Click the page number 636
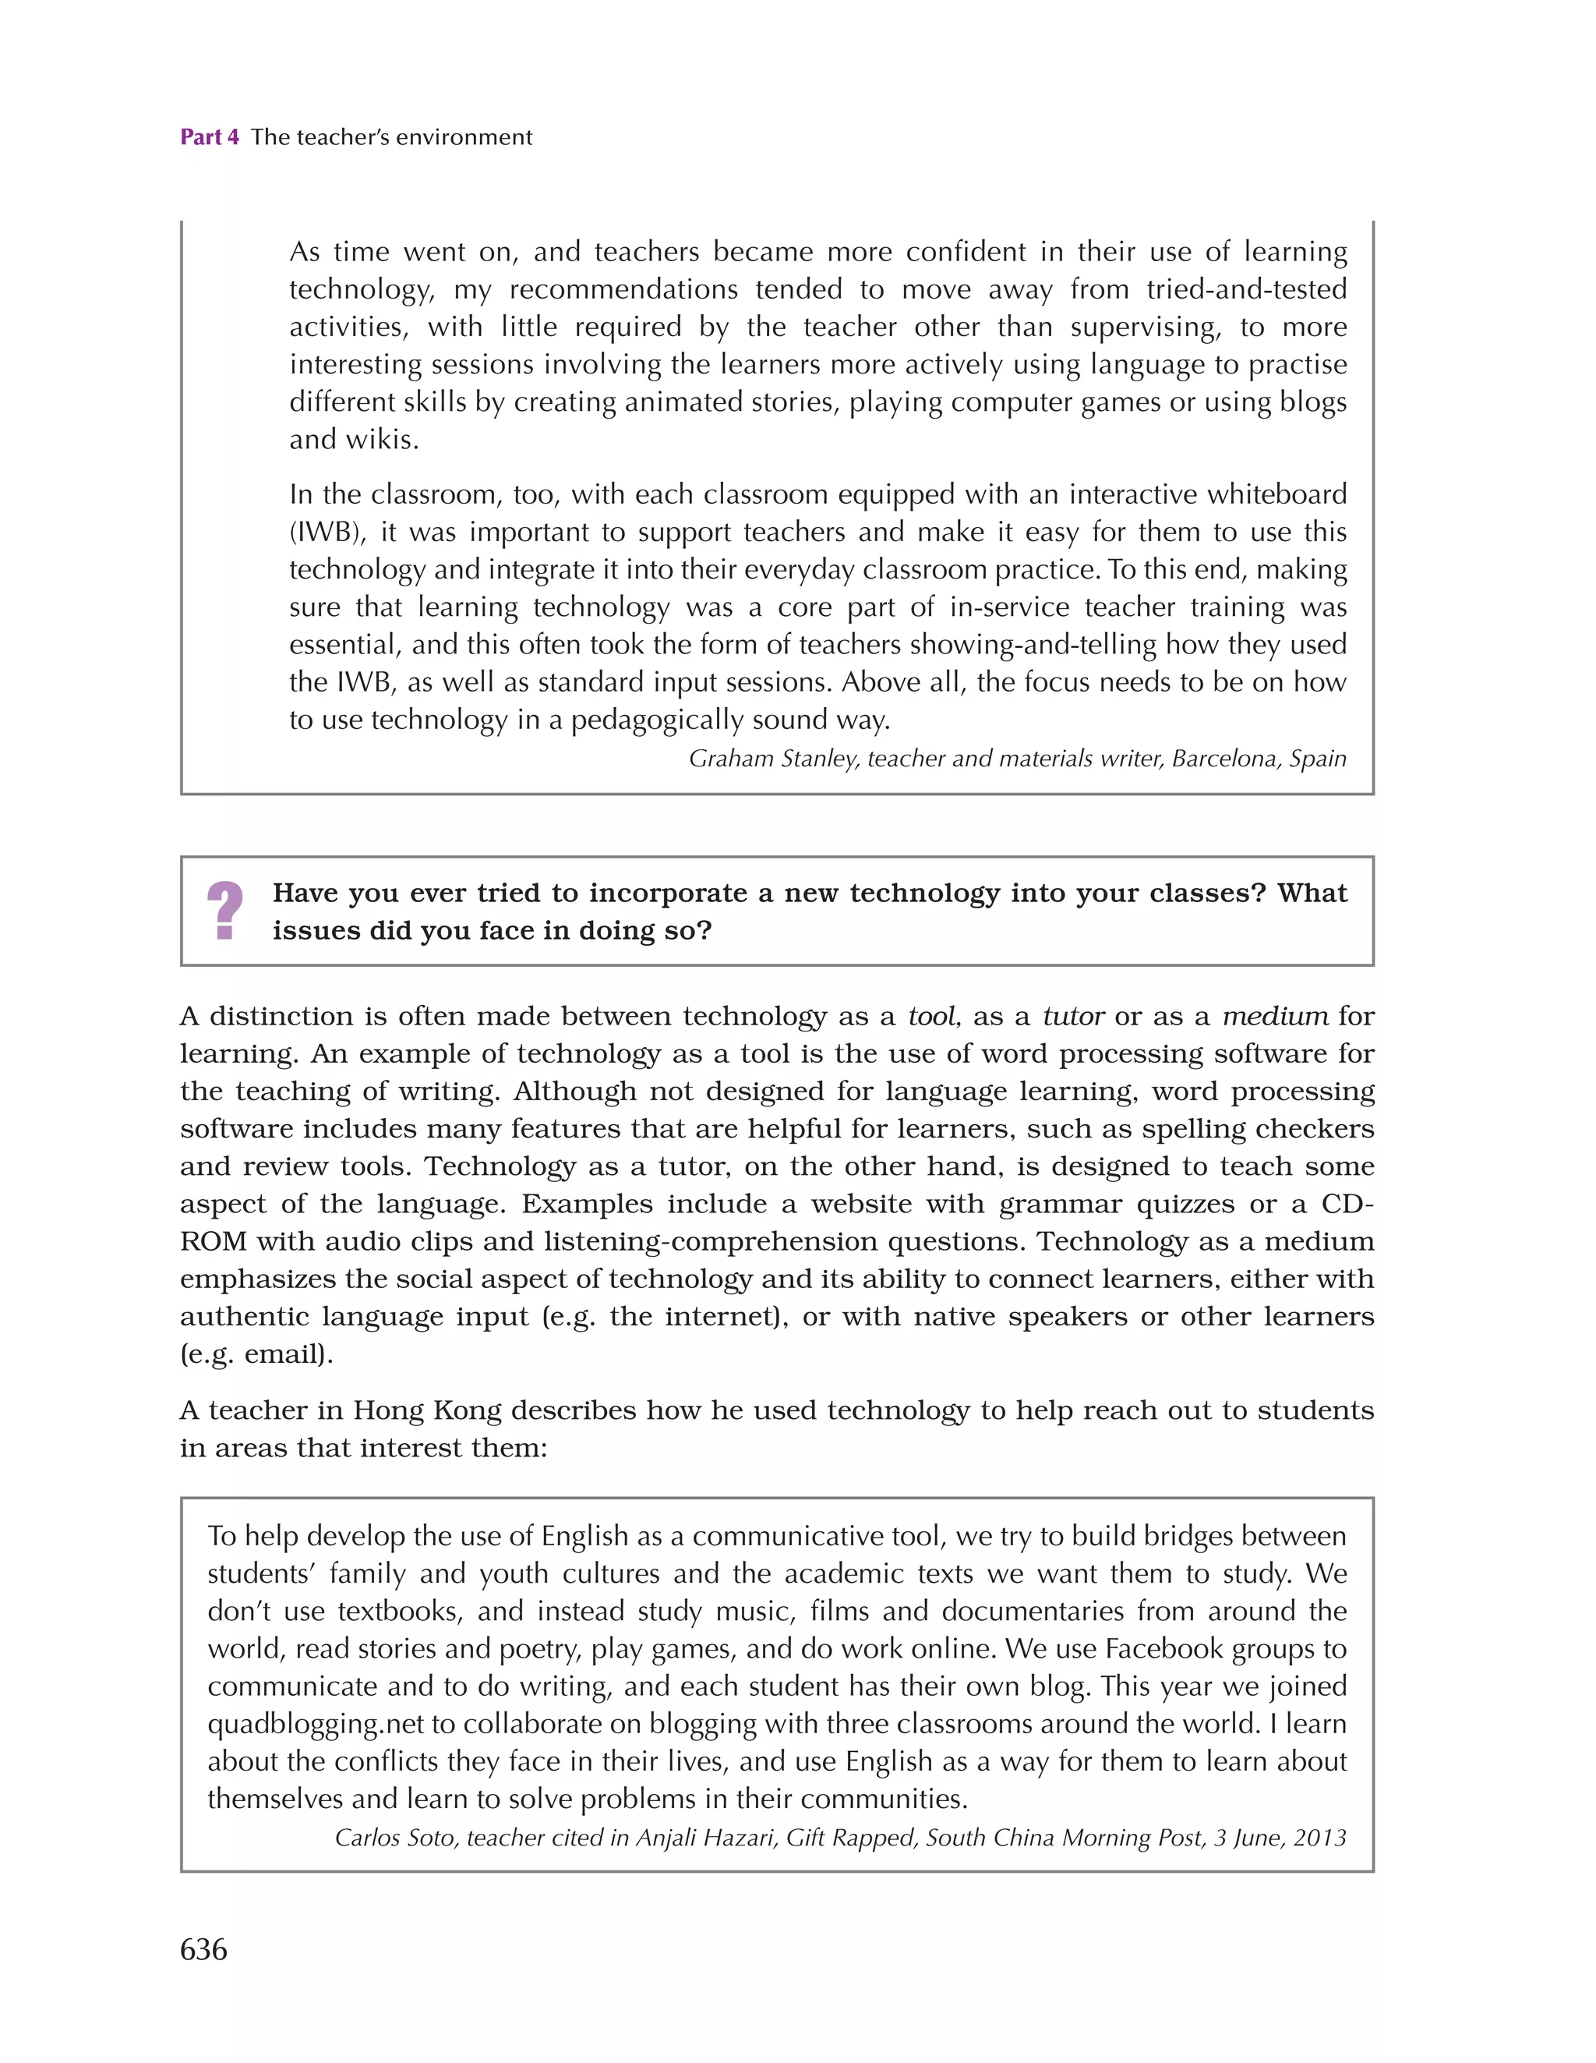point(203,1948)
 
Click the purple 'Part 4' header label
point(210,137)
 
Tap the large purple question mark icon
point(224,910)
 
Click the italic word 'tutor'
point(1073,1017)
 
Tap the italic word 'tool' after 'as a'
point(930,1017)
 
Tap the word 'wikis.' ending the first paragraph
point(384,439)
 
